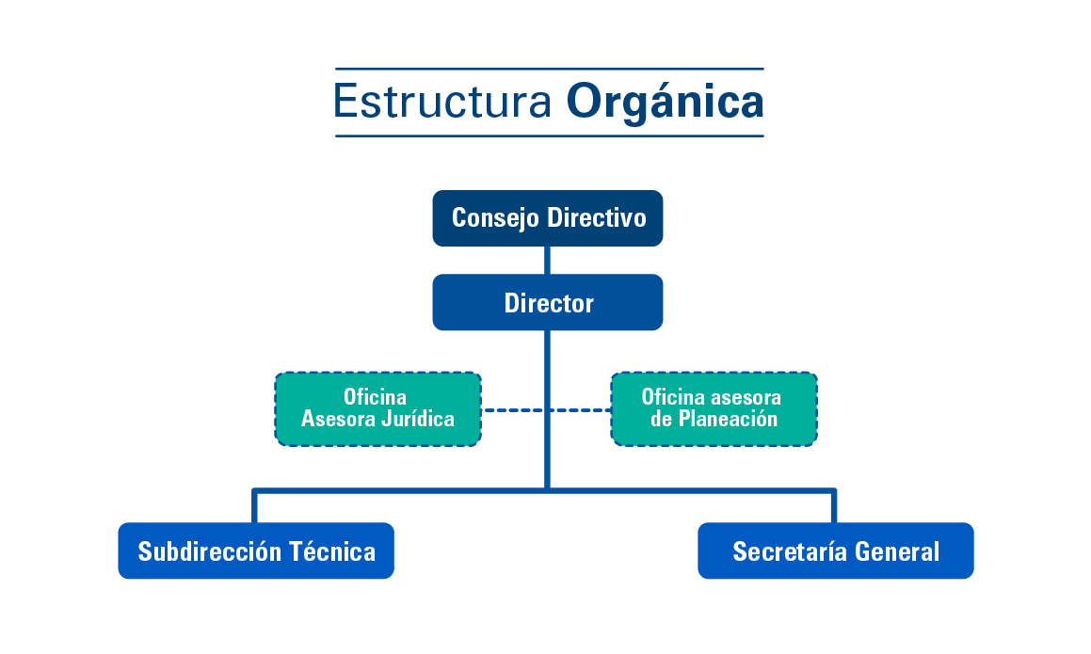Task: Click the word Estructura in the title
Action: click(x=441, y=102)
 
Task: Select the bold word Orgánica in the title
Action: click(x=665, y=102)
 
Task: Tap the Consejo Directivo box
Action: click(x=548, y=218)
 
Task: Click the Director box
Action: click(x=548, y=302)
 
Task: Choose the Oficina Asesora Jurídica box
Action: click(x=377, y=408)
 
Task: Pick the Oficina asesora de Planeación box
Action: click(x=714, y=408)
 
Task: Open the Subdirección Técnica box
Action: click(x=256, y=550)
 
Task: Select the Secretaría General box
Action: click(x=835, y=550)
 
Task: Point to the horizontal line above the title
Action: click(x=549, y=69)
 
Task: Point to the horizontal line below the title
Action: click(x=549, y=136)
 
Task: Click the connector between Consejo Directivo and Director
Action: click(x=548, y=260)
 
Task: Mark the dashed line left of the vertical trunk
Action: click(x=513, y=410)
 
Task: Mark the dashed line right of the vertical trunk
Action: click(x=582, y=410)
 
